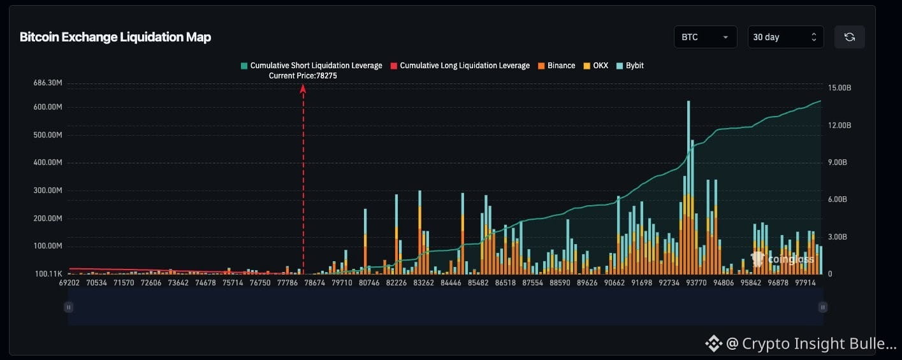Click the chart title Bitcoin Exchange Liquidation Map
115,37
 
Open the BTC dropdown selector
705,37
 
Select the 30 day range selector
785,37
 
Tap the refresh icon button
849,37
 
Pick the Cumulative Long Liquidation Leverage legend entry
460,66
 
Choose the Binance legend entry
556,66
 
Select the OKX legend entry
596,66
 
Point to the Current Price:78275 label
303,76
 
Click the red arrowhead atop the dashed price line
303,89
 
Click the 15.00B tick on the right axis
840,88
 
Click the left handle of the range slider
68,307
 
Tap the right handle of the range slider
823,307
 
